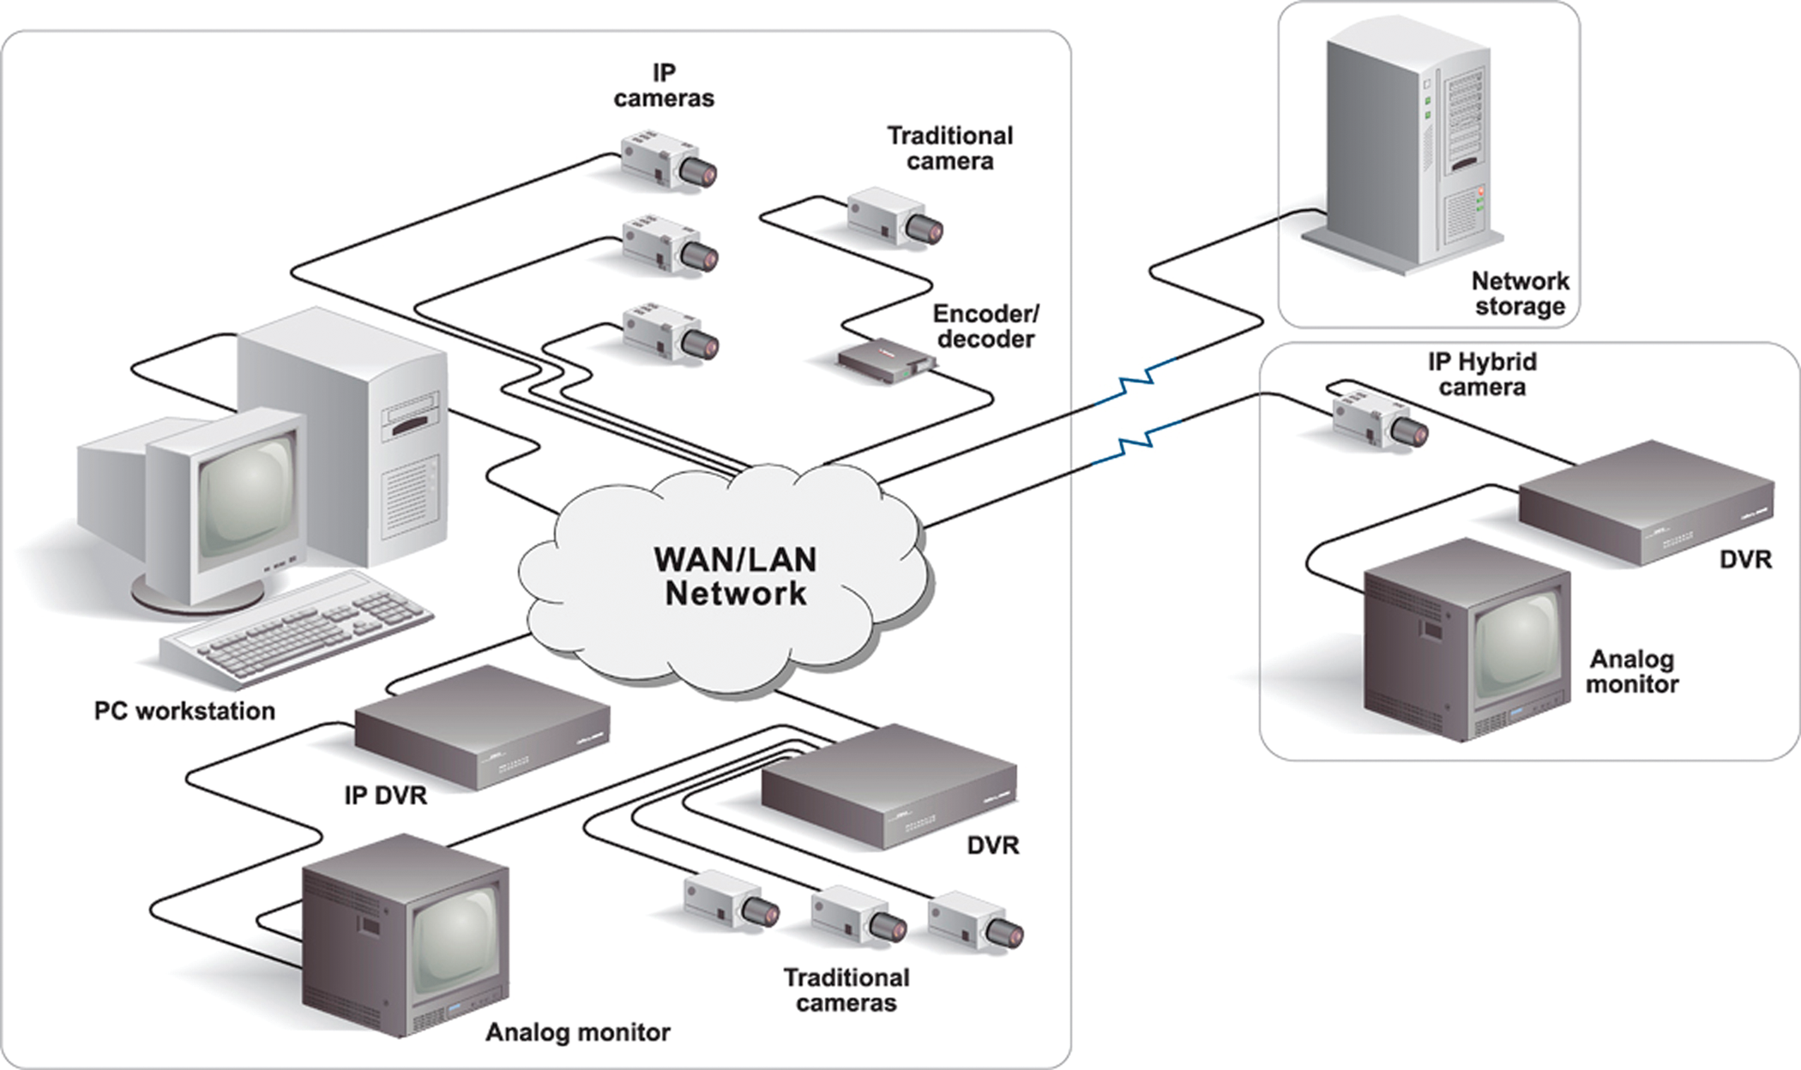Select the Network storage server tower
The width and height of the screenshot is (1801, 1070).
click(x=1406, y=146)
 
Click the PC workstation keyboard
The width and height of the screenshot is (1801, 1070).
click(x=296, y=630)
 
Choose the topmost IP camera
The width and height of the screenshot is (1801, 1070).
click(x=669, y=160)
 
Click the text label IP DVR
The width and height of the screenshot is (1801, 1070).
click(x=385, y=796)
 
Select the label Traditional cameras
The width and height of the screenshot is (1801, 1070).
click(x=846, y=990)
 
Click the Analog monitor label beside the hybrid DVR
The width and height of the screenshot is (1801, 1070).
click(x=1632, y=671)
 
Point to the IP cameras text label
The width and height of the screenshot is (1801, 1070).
click(x=664, y=86)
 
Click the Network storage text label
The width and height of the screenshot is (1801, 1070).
click(x=1520, y=293)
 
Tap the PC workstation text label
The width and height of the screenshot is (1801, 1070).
click(x=184, y=711)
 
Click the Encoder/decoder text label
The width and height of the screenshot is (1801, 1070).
click(x=985, y=327)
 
